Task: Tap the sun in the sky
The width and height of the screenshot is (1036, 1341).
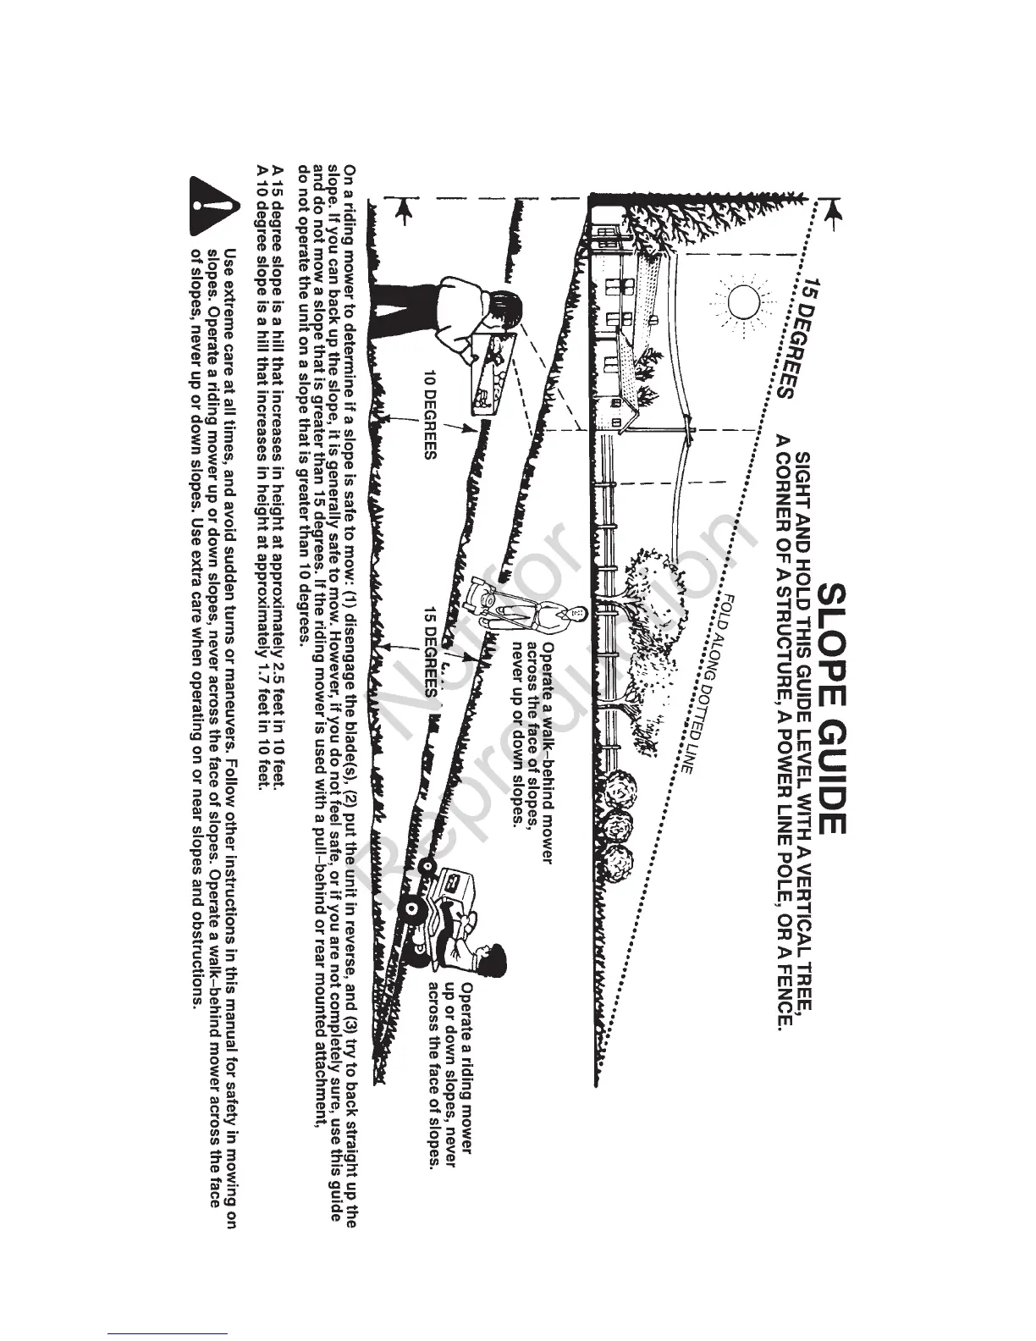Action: (742, 301)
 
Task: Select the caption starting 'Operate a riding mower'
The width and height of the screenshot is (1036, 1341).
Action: (449, 1075)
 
